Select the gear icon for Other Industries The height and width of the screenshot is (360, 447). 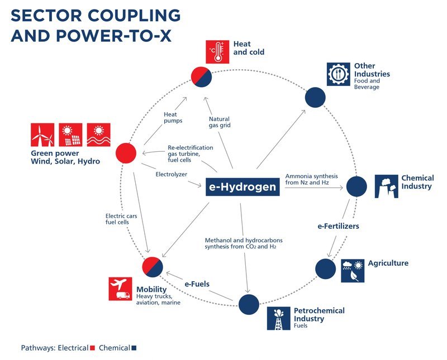coord(337,74)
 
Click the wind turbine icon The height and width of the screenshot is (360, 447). coord(42,135)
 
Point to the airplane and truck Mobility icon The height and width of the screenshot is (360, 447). coord(120,289)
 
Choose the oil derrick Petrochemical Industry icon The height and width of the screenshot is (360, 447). coord(278,319)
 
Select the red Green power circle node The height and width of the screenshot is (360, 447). coord(126,153)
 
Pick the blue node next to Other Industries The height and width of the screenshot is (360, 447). coord(315,97)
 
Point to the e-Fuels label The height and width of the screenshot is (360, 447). coord(197,284)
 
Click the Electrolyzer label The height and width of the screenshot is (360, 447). coord(171,174)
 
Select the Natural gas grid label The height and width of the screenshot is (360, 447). coord(220,122)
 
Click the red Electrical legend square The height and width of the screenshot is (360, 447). coord(93,348)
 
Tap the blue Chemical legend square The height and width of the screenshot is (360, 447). coord(134,348)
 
